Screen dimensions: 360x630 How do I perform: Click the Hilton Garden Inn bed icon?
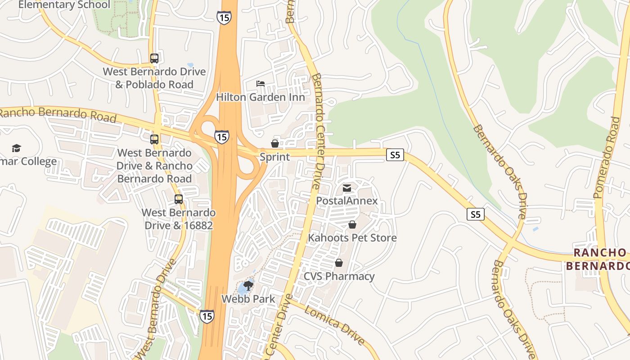[261, 84]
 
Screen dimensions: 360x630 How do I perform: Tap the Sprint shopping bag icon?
[274, 144]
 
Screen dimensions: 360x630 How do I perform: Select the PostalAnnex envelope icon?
[347, 188]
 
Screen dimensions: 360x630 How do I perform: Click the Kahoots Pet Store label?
[352, 238]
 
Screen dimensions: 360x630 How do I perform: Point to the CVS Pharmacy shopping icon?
[338, 263]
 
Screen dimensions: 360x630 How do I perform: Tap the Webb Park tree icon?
[248, 285]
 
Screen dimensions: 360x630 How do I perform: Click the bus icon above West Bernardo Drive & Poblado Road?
[154, 58]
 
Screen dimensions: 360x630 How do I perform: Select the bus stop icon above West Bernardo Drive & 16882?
[179, 199]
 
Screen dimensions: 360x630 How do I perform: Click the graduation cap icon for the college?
[17, 148]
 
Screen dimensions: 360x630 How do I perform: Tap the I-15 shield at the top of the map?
[224, 18]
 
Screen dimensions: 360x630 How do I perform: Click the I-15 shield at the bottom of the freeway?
[207, 316]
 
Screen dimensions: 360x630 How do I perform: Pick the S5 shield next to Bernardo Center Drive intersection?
[395, 155]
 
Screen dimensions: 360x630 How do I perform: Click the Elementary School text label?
[64, 5]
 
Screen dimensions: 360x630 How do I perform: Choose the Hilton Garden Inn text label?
[260, 97]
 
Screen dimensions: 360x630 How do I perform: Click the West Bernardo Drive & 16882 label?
[179, 219]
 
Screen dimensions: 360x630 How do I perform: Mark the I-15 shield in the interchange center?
[221, 137]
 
